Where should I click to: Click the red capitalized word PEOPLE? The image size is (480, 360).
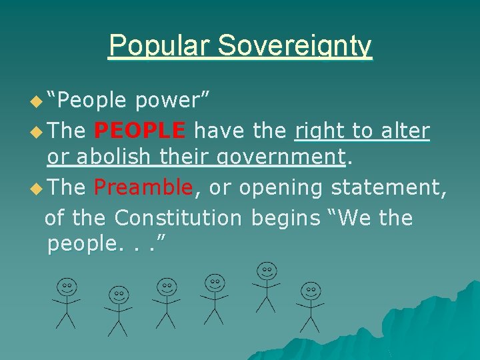coord(141,131)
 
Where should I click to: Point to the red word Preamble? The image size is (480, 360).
coord(143,188)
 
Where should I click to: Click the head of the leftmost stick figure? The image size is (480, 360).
coord(67,287)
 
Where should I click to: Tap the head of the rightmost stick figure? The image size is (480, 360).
coord(309,291)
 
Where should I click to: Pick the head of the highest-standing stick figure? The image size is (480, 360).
coord(267,271)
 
